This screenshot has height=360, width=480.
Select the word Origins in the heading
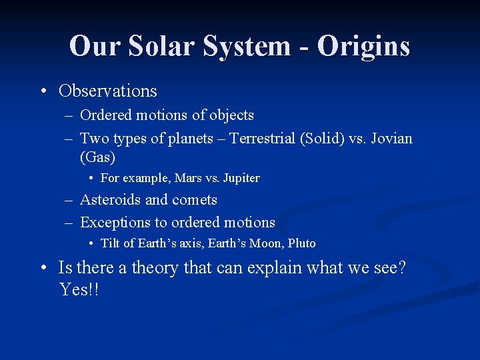(x=363, y=46)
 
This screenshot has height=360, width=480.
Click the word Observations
(x=108, y=91)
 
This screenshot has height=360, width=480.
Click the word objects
(x=231, y=115)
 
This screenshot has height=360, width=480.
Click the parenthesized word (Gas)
(x=98, y=157)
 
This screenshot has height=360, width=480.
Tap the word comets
(x=195, y=200)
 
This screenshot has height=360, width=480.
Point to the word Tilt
(x=111, y=243)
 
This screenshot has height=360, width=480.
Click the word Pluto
(x=302, y=243)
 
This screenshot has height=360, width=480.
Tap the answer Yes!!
(x=79, y=289)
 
